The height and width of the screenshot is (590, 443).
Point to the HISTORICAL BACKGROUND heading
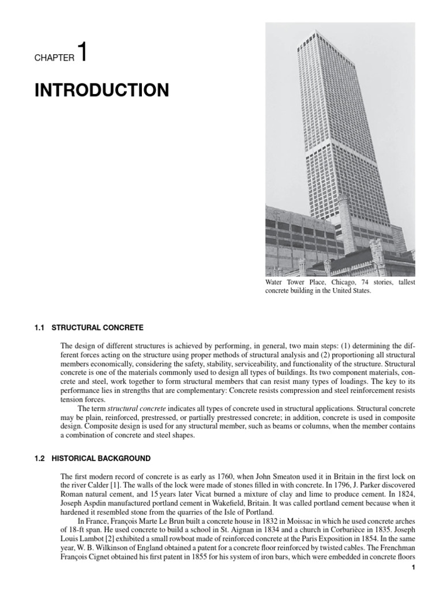pyautogui.click(x=101, y=459)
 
